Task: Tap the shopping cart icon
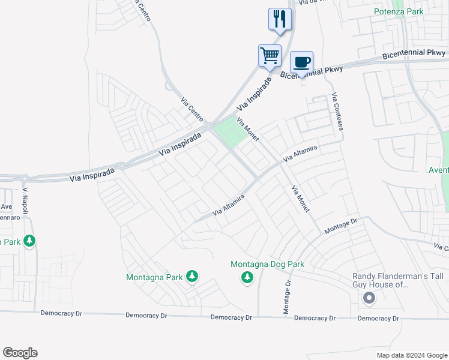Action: [x=270, y=55]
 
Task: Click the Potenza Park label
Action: [x=399, y=11]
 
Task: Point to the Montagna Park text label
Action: [x=154, y=277]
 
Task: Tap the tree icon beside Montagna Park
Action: [x=192, y=276]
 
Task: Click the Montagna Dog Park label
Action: [x=268, y=264]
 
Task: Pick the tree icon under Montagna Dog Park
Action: [x=246, y=277]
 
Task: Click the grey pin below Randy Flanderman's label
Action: [x=369, y=298]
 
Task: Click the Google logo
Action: [x=20, y=353]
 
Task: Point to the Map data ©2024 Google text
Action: [x=411, y=355]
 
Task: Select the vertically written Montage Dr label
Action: [x=287, y=296]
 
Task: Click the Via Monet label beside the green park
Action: [x=247, y=129]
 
